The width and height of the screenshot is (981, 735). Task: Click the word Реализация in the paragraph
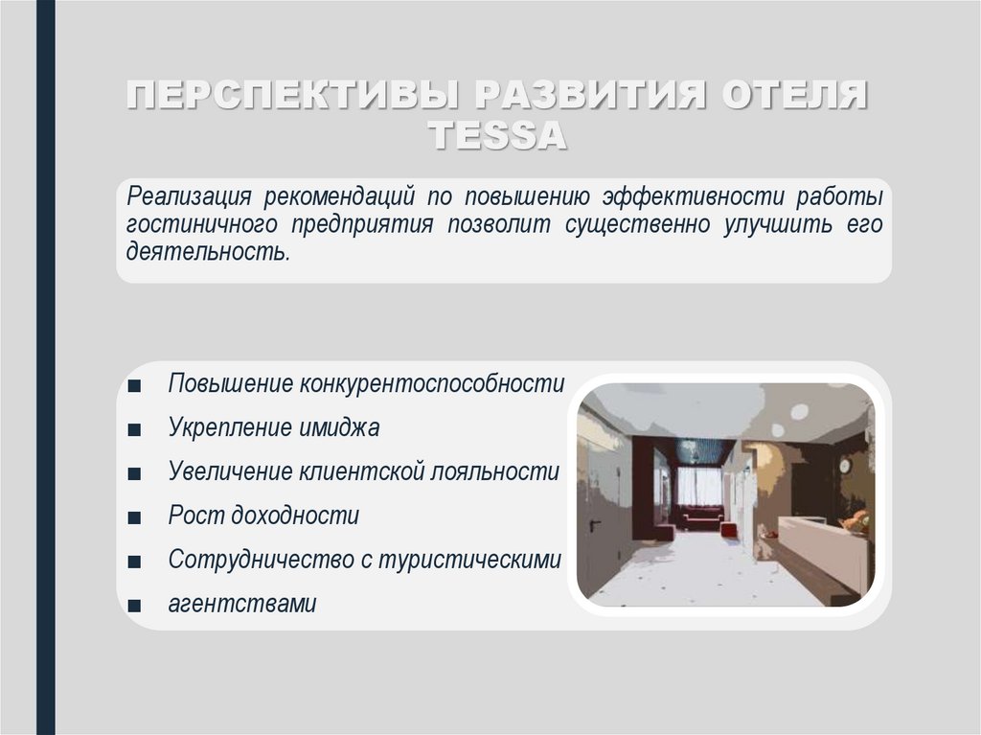pyautogui.click(x=190, y=196)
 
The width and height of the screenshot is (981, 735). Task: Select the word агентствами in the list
pyautogui.click(x=241, y=605)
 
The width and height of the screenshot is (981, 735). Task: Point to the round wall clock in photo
pyautogui.click(x=845, y=465)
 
